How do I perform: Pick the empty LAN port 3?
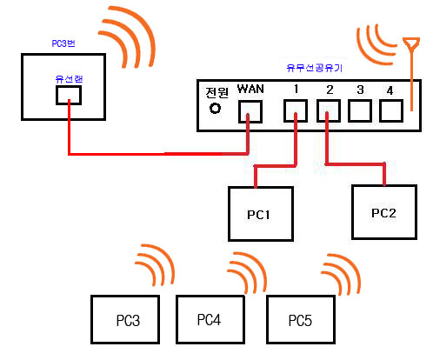(x=360, y=110)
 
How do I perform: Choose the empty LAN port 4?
(x=391, y=110)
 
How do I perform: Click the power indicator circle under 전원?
(x=215, y=109)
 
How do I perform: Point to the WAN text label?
(x=250, y=89)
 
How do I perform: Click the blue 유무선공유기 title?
(x=315, y=68)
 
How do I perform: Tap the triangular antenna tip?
(x=411, y=44)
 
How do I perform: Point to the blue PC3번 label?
(x=63, y=43)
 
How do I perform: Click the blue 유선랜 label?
(x=69, y=79)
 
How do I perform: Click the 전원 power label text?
(x=217, y=93)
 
